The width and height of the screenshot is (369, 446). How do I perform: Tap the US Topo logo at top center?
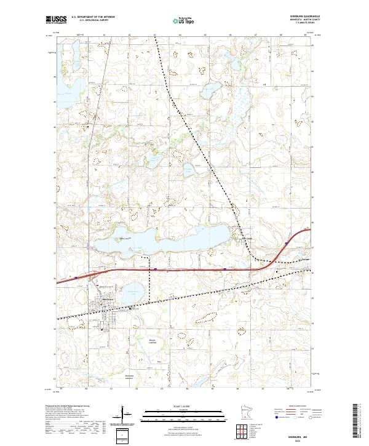[x=184, y=20]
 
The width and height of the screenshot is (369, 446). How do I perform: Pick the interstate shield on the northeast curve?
[x=287, y=244]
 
